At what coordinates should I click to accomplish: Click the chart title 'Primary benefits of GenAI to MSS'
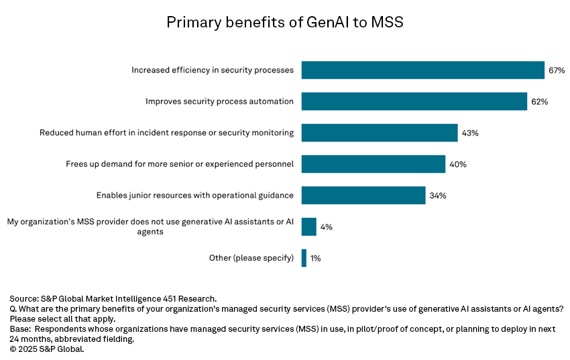[284, 23]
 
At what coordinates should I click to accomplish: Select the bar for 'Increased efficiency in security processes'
[422, 70]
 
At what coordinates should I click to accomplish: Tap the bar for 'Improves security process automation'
[414, 102]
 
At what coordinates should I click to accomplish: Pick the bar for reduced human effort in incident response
[380, 133]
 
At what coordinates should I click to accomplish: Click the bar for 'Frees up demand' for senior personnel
[373, 164]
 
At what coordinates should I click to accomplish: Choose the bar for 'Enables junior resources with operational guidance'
[363, 195]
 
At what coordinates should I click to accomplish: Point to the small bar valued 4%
[308, 227]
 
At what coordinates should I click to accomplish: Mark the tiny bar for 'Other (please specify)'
[304, 258]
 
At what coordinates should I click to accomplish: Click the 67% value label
[557, 70]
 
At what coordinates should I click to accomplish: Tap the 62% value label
[540, 102]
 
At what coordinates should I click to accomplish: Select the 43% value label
[469, 133]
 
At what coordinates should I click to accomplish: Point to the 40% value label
[458, 164]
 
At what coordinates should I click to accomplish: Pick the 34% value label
[438, 195]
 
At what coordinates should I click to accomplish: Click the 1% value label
[315, 258]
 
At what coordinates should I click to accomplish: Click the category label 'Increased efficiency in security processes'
[213, 70]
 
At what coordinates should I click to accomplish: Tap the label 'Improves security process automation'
[219, 102]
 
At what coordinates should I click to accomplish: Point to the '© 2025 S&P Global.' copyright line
[47, 349]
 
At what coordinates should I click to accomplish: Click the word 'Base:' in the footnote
[21, 329]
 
